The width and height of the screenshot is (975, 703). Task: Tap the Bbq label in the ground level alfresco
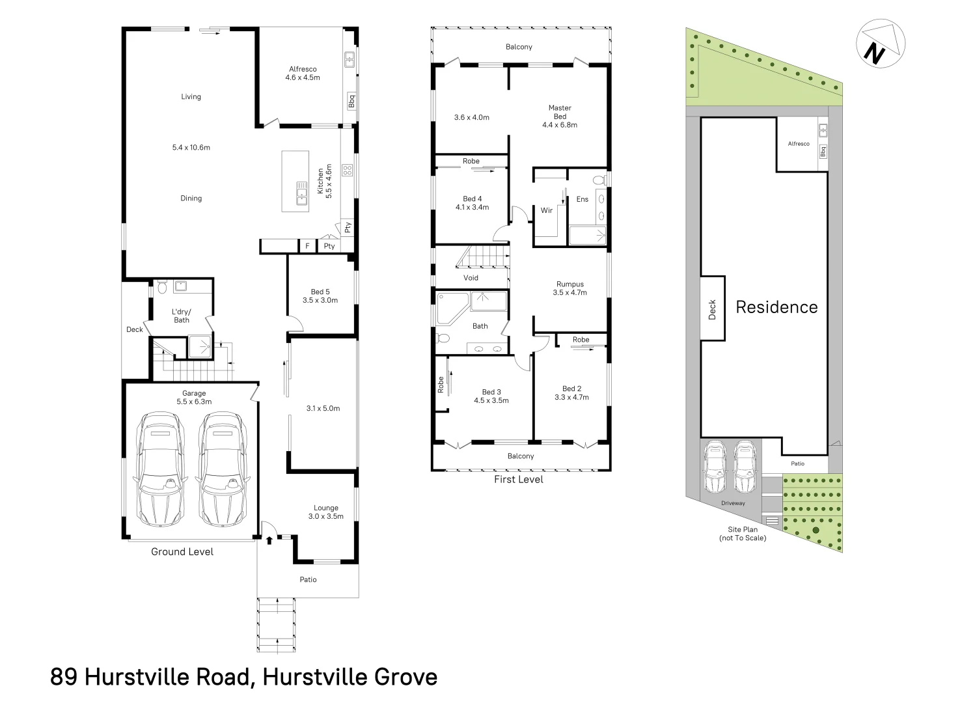[x=351, y=102]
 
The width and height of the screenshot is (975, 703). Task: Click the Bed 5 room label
[x=320, y=296]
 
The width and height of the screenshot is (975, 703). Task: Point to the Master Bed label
[x=560, y=116]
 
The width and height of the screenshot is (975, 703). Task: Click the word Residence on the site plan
[x=776, y=307]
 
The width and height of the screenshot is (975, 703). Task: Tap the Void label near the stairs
[x=471, y=278]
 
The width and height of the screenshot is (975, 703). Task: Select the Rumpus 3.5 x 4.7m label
[x=570, y=288]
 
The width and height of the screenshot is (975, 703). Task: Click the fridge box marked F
[x=307, y=246]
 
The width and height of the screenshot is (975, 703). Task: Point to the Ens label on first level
[x=582, y=199]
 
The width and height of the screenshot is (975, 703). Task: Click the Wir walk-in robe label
[x=547, y=210]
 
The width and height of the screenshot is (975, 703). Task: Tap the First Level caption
[x=518, y=480]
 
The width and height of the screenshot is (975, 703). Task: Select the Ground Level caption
[x=182, y=552]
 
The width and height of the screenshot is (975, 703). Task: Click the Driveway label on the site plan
[x=733, y=503]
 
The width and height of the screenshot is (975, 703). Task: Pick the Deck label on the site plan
[x=712, y=309]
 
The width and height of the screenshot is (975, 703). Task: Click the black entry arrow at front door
[x=269, y=540]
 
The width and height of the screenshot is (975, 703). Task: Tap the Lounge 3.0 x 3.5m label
[x=326, y=512]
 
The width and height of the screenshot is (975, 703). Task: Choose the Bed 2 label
[x=571, y=393]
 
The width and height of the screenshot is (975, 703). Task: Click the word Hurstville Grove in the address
[x=350, y=678]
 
